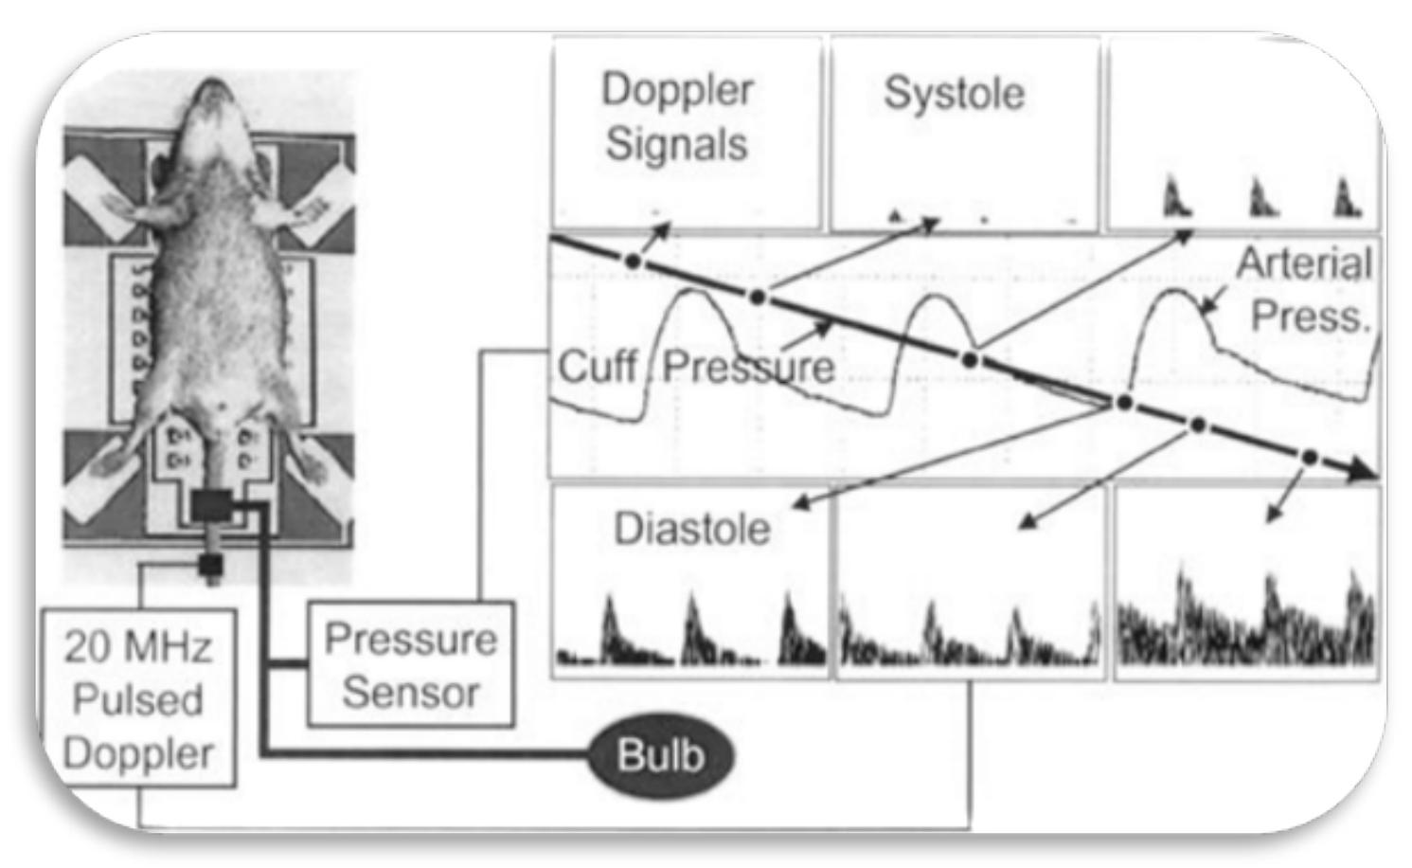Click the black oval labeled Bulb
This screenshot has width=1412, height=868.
660,756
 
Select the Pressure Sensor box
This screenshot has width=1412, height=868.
410,665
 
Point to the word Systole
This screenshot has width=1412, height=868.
954,93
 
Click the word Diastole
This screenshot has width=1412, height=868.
691,529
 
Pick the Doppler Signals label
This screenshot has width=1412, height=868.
677,117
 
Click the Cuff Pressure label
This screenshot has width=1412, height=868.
695,367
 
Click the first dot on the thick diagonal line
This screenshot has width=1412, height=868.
634,260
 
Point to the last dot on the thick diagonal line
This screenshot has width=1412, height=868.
1309,457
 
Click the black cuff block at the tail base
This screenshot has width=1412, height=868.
212,506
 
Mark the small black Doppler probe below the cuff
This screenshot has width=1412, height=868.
209,566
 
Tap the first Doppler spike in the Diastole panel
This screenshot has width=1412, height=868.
611,625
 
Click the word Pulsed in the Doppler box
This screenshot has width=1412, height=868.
138,700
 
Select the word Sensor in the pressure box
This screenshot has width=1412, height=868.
410,693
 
